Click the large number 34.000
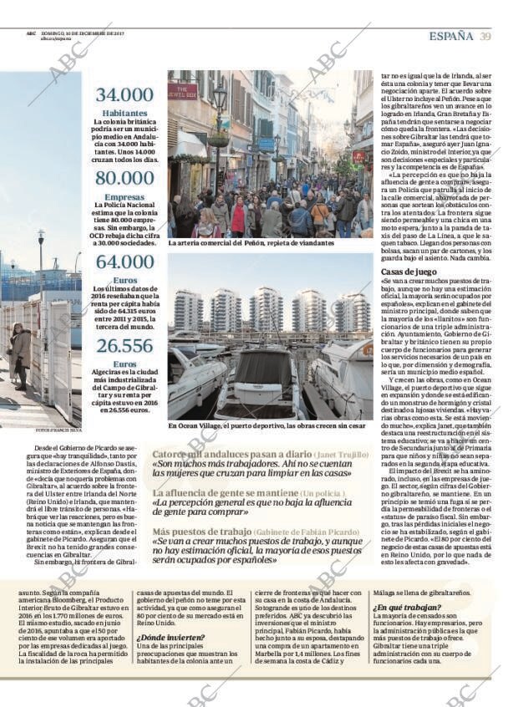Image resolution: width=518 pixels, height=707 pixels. click(x=124, y=95)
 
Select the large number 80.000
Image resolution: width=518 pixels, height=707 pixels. click(x=124, y=178)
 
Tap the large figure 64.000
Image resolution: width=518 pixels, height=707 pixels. click(x=124, y=262)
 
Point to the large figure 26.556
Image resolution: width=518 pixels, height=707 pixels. click(x=124, y=345)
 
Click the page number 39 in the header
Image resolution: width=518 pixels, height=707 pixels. click(x=485, y=36)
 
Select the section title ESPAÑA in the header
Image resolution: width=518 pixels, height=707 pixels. click(x=451, y=36)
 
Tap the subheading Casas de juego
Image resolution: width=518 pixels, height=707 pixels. click(x=409, y=272)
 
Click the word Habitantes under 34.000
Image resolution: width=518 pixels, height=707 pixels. click(x=124, y=113)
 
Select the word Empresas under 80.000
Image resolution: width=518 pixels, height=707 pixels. click(x=124, y=197)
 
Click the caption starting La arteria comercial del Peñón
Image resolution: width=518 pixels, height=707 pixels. click(x=251, y=243)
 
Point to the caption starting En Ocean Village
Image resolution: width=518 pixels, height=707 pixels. click(x=267, y=426)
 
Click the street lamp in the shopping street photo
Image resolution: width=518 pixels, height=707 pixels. click(x=220, y=104)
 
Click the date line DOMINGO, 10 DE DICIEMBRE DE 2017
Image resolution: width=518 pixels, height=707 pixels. click(x=82, y=33)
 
